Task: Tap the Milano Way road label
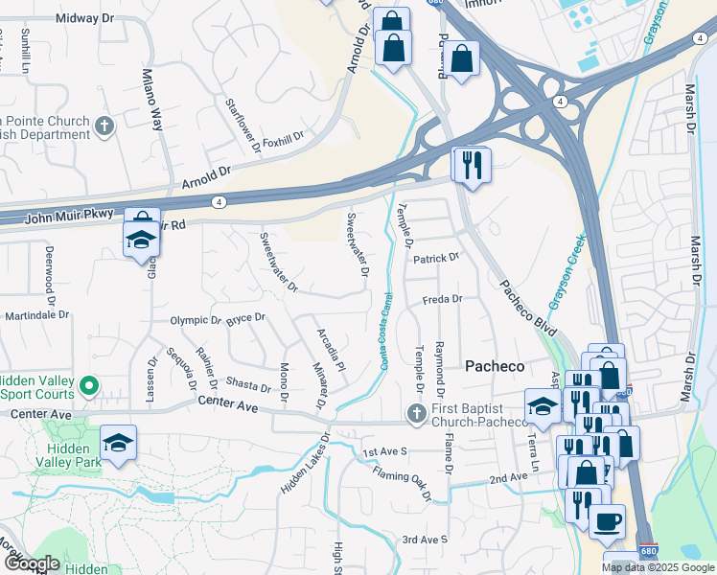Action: [152, 99]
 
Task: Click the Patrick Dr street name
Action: [437, 258]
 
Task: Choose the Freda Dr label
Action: [443, 299]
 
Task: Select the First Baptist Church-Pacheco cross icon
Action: [415, 413]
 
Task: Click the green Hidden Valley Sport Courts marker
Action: [89, 386]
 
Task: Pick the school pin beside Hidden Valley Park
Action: [119, 442]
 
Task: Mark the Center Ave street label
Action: [228, 407]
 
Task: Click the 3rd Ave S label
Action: [425, 540]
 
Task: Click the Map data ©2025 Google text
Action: [658, 567]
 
